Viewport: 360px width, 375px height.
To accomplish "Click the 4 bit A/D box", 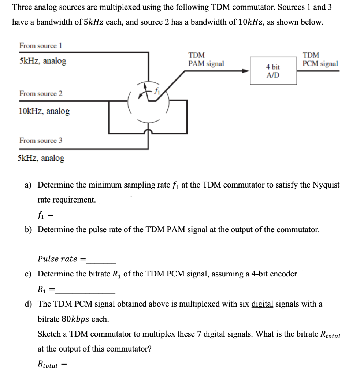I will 273,71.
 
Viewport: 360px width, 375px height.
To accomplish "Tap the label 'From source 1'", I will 41,46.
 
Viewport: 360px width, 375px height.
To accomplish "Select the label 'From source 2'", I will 41,93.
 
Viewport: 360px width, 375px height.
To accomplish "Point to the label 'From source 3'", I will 41,141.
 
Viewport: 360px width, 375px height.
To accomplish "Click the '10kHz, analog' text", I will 44,111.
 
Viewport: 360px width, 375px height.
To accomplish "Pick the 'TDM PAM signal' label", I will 205,60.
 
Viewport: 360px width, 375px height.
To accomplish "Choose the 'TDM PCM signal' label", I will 320,60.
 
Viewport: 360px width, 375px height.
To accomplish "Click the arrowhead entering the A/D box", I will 246,71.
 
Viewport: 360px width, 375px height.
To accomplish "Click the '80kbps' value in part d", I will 75,319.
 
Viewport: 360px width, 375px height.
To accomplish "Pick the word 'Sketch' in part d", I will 50,334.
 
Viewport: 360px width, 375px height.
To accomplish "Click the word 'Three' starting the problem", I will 23,7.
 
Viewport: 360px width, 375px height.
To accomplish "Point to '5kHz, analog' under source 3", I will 41,158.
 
